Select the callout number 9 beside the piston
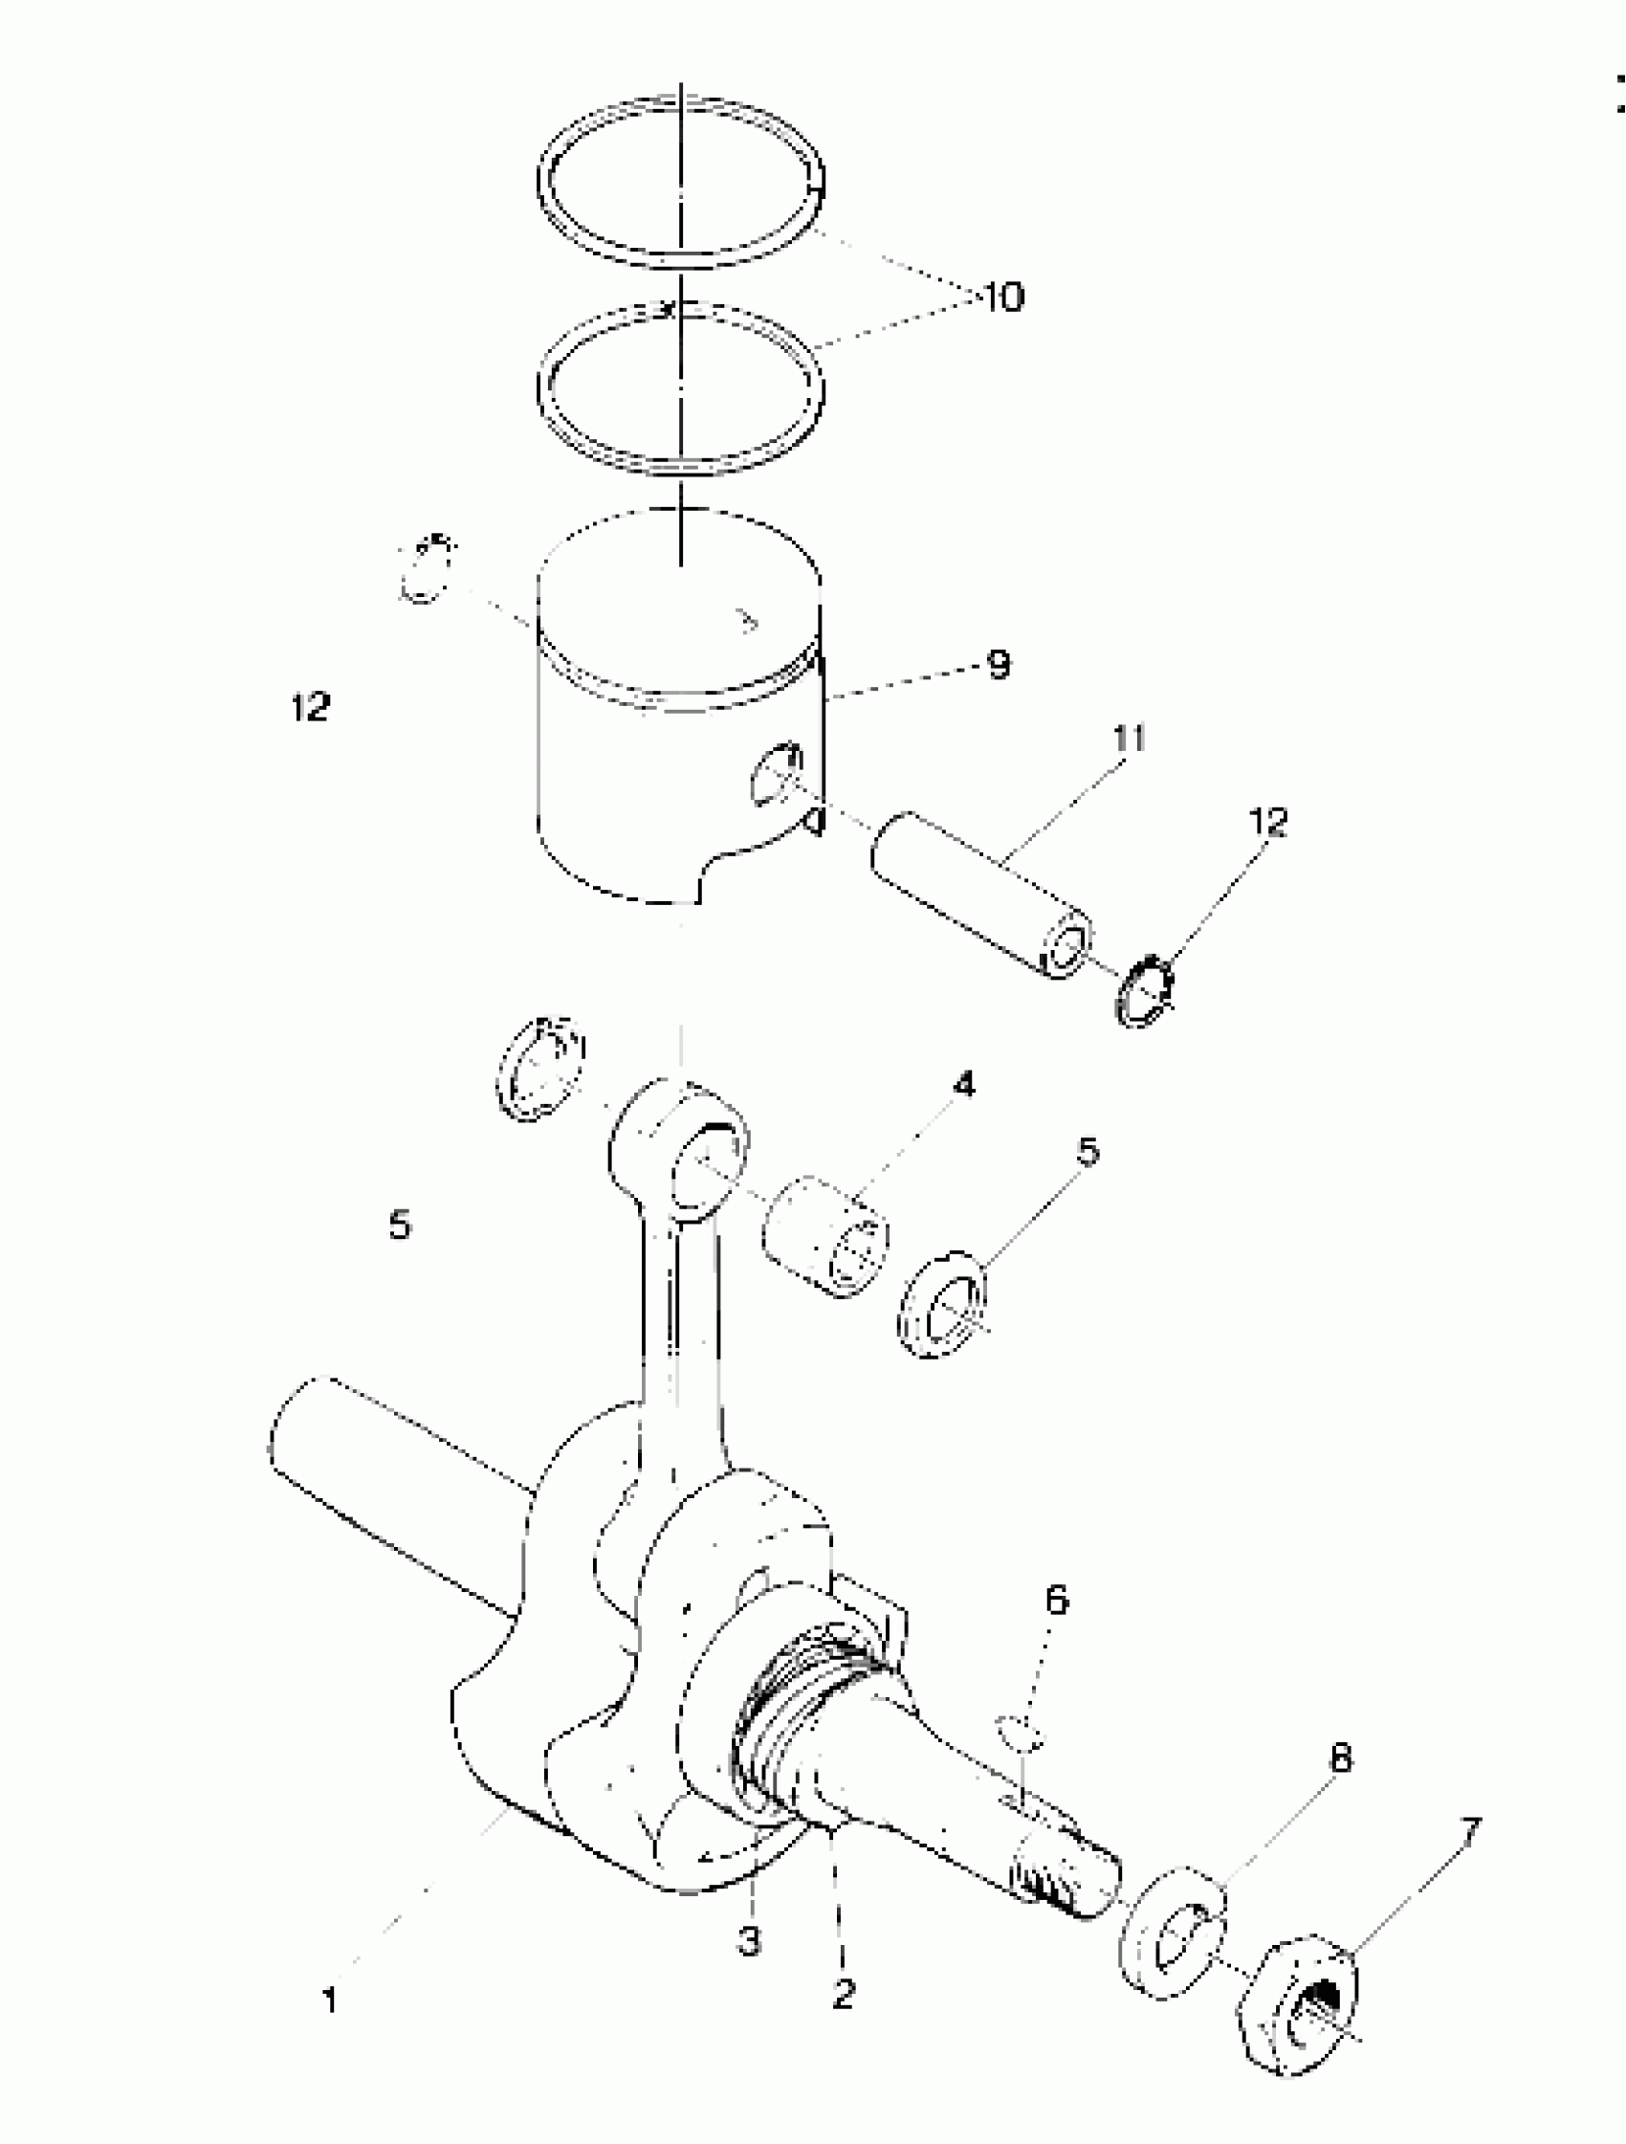coord(999,665)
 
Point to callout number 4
coord(963,1085)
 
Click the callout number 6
coord(1056,1601)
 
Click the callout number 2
coord(842,1994)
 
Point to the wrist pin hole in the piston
coord(777,772)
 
